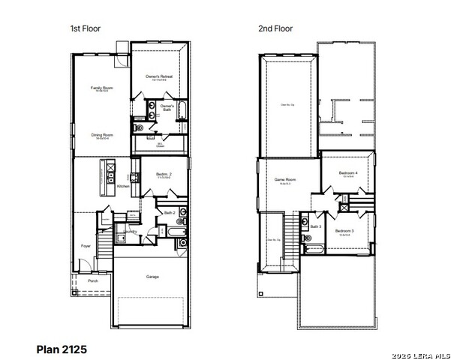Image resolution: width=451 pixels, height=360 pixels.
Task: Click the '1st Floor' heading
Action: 86,28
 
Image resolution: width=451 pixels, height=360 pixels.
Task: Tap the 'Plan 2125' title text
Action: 62,349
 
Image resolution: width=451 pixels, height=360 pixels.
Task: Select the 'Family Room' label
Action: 102,88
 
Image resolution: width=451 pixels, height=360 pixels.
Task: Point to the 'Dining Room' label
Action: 102,135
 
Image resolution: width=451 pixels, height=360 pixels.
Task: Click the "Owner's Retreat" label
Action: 158,76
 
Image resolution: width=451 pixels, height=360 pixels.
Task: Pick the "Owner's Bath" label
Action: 167,108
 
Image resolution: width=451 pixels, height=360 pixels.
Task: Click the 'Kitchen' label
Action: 123,186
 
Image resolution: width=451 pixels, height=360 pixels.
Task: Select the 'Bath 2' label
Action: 170,213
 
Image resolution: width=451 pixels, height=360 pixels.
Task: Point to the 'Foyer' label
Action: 86,245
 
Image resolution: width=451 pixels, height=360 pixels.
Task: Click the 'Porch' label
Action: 93,280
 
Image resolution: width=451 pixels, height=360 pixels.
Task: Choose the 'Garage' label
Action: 152,276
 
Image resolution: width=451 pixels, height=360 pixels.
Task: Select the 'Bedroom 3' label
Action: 344,230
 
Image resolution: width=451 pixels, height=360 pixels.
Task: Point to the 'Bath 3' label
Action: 316,226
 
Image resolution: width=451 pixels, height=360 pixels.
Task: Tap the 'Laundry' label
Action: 132,232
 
